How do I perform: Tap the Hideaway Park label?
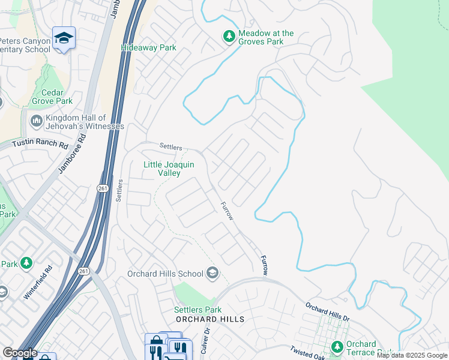(x=148, y=47)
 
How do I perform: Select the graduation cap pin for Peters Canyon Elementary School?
(x=64, y=38)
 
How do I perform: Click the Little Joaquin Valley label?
(x=161, y=169)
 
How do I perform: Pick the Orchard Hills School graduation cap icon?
(x=212, y=274)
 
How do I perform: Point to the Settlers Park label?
(x=194, y=310)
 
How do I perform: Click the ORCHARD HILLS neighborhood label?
(x=209, y=319)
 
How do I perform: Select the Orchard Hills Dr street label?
(x=328, y=312)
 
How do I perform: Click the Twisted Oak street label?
(x=307, y=353)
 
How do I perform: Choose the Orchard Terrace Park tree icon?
(x=337, y=347)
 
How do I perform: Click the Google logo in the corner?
(x=20, y=353)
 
